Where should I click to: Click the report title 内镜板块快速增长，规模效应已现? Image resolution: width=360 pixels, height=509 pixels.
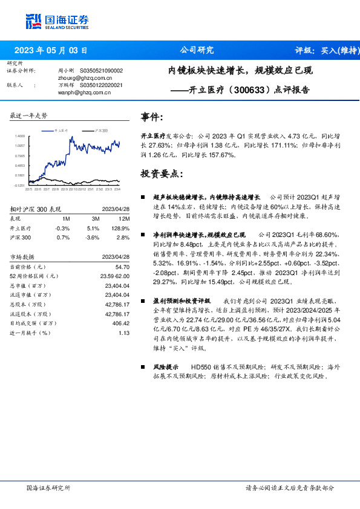point(240,71)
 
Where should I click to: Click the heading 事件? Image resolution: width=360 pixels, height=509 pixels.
point(151,117)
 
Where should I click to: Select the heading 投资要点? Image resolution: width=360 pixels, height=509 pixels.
point(162,173)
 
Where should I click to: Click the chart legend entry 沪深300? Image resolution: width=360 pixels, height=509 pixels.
point(101,130)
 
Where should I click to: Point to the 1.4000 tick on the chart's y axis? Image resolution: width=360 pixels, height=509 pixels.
point(20,136)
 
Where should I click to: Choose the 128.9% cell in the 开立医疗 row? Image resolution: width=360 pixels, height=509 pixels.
point(122,229)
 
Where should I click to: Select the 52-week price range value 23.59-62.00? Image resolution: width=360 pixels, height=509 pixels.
point(113,275)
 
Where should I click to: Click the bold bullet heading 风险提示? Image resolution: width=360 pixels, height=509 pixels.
point(165,367)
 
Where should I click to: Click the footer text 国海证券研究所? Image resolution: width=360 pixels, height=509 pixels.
point(48,488)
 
